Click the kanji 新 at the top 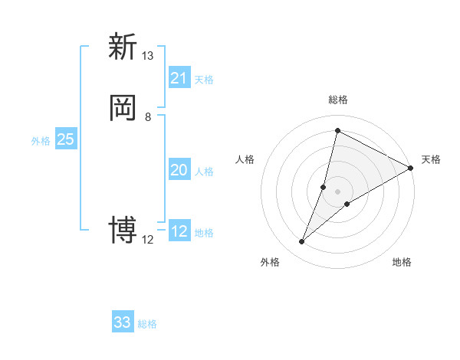tap(123, 47)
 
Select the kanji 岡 tap(123, 108)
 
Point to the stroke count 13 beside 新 tap(148, 56)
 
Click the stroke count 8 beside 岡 tap(148, 117)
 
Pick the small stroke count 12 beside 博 tap(148, 240)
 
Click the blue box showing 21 tap(179, 78)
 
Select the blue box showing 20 tap(179, 170)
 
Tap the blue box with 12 tap(179, 231)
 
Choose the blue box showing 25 tap(65, 139)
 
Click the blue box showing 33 tap(123, 322)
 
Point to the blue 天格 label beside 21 tap(204, 80)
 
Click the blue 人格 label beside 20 tap(204, 172)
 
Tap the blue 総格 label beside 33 tap(147, 324)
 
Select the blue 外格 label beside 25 tap(41, 141)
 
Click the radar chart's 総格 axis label tap(338, 100)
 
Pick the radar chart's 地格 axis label tap(402, 263)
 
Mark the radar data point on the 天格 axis tap(412, 168)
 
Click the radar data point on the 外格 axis tap(302, 242)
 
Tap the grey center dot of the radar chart tap(338, 191)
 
